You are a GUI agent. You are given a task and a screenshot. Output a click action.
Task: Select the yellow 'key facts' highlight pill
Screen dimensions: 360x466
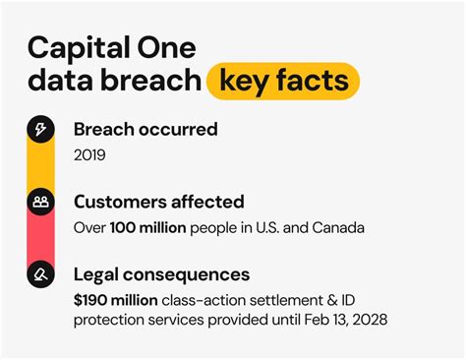282,81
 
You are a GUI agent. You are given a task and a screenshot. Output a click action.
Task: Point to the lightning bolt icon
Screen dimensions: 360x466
40,129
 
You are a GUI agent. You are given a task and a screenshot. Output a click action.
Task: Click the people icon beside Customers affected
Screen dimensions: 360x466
40,202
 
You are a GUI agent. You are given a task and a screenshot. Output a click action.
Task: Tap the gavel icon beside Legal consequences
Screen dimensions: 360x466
40,274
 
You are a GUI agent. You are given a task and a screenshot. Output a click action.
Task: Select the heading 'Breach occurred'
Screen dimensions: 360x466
146,129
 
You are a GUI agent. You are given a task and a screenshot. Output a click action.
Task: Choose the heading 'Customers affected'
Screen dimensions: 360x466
158,202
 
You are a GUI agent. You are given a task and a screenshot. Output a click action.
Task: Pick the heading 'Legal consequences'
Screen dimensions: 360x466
161,274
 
